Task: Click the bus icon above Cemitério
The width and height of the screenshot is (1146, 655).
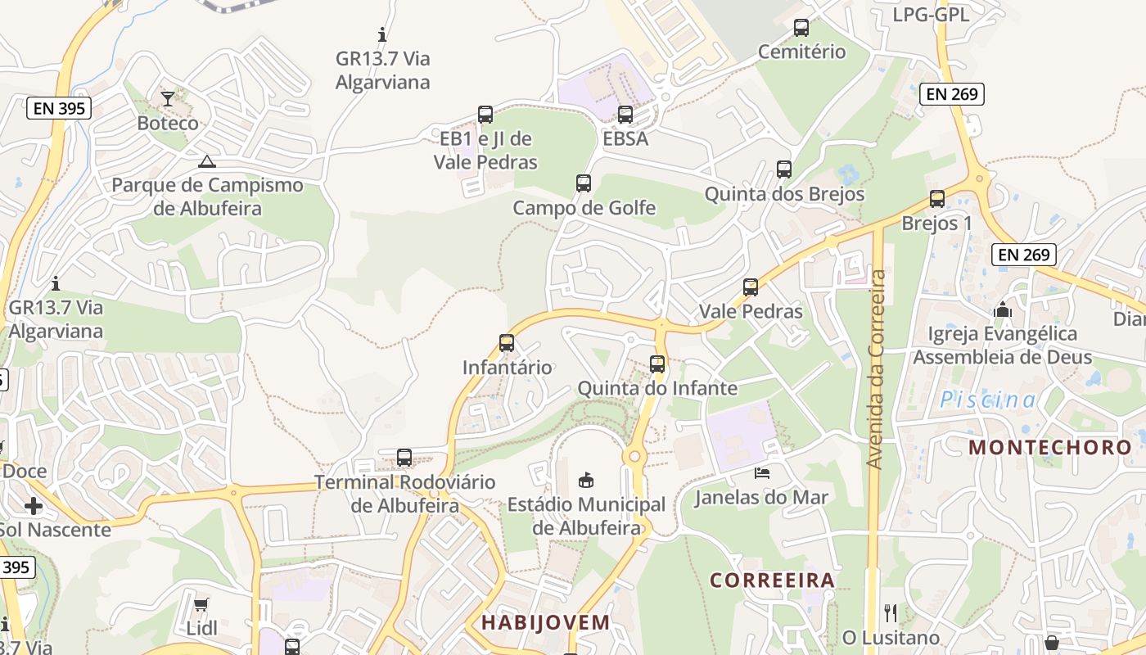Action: [x=801, y=28]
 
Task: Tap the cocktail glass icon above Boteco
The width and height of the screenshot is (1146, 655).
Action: [x=168, y=99]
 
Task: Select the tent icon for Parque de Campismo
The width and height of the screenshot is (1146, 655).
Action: [x=207, y=161]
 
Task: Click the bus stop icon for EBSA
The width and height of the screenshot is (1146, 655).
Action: [x=625, y=115]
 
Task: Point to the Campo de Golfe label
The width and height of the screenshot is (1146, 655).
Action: [x=584, y=208]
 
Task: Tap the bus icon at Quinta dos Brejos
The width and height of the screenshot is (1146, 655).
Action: [x=784, y=169]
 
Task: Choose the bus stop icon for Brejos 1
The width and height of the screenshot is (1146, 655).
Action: [x=937, y=199]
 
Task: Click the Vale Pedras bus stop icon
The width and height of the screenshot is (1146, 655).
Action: [x=751, y=287]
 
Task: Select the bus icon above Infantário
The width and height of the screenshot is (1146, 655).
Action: [x=507, y=343]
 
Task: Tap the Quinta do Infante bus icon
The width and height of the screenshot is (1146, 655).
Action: [x=657, y=364]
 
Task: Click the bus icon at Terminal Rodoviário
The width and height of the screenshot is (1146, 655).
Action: [x=404, y=458]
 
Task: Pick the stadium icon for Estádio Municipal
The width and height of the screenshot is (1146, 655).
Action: [x=585, y=480]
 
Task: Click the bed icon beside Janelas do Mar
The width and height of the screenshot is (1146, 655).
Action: [x=761, y=473]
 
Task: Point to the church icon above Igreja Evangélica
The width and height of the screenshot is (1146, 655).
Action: [x=1002, y=309]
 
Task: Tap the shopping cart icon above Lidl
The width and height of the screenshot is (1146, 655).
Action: [x=201, y=605]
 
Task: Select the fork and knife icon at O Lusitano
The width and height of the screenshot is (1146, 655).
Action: [x=891, y=612]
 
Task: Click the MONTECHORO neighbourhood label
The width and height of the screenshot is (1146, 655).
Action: [x=1050, y=448]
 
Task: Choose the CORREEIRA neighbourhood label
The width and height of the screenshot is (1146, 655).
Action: [x=772, y=580]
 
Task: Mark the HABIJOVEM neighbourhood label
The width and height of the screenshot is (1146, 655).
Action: [x=545, y=622]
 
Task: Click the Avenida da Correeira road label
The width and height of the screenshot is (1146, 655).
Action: [x=876, y=369]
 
